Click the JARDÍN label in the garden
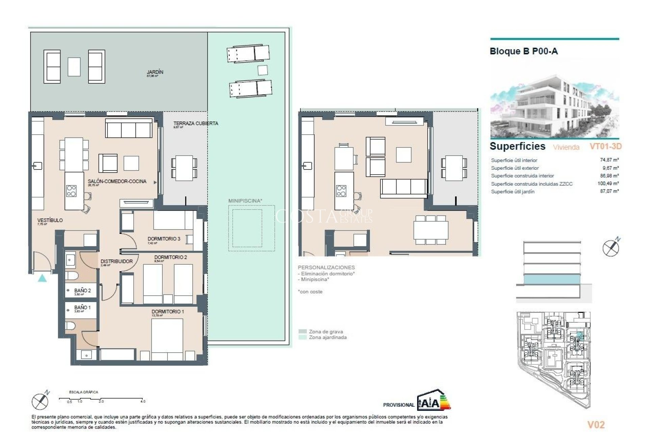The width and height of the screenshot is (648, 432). tap(155, 72)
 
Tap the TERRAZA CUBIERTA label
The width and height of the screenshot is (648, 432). tap(196, 124)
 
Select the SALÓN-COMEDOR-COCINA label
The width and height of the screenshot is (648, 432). tap(117, 182)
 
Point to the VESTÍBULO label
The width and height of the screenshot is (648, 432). tap(50, 220)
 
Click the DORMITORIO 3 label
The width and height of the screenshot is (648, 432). tap(164, 239)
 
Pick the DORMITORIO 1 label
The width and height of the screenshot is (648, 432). tap(168, 312)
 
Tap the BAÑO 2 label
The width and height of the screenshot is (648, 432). tap(82, 291)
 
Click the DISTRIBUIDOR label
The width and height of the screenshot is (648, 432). tap(116, 262)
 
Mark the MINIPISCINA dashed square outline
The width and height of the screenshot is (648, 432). tap(251, 228)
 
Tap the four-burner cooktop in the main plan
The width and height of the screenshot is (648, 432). tap(71, 191)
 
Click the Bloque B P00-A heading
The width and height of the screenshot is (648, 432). tap(523, 52)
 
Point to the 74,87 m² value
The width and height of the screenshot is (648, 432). tap(609, 160)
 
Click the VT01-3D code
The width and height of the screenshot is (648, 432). tap(605, 146)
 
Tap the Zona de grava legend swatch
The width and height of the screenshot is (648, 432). tap(303, 332)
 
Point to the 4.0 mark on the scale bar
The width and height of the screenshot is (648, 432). tap(143, 401)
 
